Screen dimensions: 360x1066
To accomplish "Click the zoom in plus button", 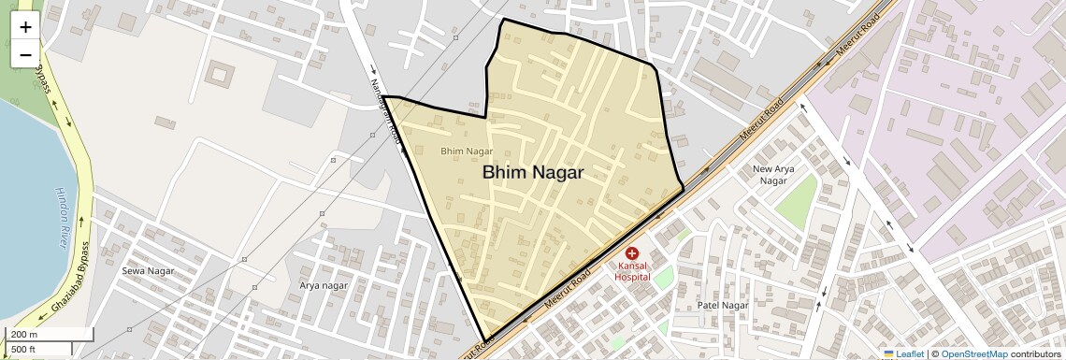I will pyautogui.click(x=25, y=27).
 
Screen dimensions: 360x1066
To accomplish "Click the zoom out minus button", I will pyautogui.click(x=25, y=54).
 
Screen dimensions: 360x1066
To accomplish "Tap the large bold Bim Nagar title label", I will pyautogui.click(x=533, y=173).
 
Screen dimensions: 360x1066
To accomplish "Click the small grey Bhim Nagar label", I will pyautogui.click(x=466, y=151).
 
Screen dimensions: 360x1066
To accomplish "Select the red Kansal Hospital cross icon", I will pyautogui.click(x=631, y=253).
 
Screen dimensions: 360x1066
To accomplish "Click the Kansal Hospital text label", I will pyautogui.click(x=631, y=271).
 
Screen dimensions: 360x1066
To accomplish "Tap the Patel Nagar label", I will pyautogui.click(x=723, y=306).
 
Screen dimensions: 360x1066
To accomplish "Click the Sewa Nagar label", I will pyautogui.click(x=148, y=271).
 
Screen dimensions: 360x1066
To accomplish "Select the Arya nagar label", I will pyautogui.click(x=324, y=285).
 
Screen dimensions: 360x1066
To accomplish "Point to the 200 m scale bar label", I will pyautogui.click(x=24, y=335).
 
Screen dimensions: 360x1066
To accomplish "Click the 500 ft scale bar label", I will pyautogui.click(x=23, y=350).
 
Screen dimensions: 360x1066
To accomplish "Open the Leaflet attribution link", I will pyautogui.click(x=902, y=353).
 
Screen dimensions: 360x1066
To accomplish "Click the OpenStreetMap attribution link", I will pyautogui.click(x=973, y=353).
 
